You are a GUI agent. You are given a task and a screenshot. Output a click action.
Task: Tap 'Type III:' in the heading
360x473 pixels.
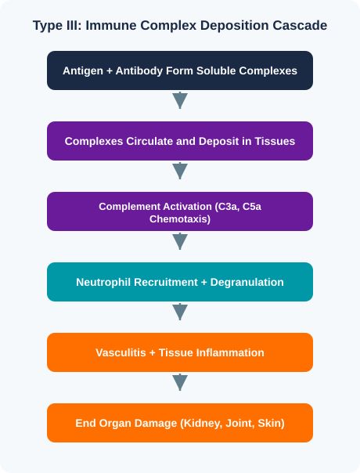(x=57, y=25)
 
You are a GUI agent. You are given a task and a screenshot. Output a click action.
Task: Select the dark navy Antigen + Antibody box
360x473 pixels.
(x=180, y=70)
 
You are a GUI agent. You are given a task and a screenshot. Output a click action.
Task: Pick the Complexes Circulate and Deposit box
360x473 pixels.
(x=180, y=141)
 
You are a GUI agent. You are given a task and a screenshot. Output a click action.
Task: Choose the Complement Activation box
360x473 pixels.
(x=180, y=211)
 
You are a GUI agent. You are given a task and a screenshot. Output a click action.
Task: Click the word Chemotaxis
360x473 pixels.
(x=179, y=219)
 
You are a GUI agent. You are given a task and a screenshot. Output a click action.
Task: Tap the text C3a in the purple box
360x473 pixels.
(x=227, y=207)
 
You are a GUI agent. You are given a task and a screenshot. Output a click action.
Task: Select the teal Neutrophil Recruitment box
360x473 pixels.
(x=180, y=282)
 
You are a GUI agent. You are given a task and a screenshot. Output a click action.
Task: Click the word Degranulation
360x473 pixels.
(x=247, y=283)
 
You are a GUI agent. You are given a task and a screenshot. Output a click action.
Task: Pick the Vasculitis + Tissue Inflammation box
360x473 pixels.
(x=180, y=352)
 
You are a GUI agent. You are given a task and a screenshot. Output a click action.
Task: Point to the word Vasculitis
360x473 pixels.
(x=121, y=352)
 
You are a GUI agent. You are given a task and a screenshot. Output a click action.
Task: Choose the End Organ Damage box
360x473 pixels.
(x=180, y=423)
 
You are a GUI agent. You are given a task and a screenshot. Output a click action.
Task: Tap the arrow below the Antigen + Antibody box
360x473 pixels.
(x=180, y=100)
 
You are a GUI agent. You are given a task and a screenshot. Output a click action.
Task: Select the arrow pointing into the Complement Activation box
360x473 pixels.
(x=180, y=171)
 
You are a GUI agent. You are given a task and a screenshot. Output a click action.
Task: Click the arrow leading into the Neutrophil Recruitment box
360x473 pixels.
(x=180, y=241)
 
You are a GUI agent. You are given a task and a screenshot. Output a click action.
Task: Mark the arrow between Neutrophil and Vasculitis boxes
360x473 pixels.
(x=180, y=312)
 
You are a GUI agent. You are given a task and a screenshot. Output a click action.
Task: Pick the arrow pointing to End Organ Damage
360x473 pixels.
(x=180, y=382)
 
